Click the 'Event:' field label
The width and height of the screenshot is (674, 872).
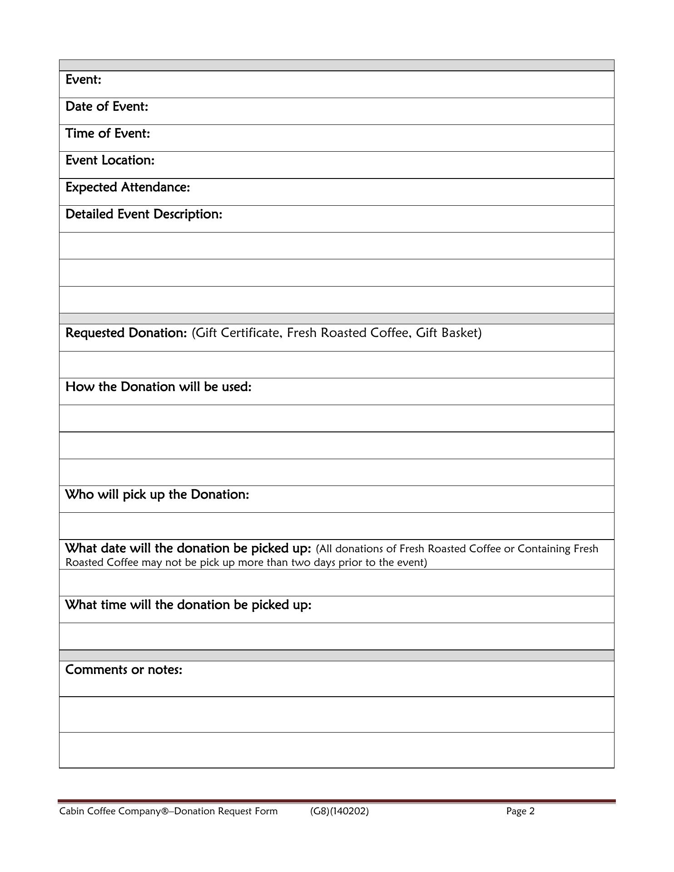click(x=83, y=80)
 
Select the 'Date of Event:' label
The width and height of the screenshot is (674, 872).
click(x=107, y=107)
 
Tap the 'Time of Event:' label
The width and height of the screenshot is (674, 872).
click(x=108, y=134)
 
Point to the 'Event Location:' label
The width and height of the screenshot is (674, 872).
click(x=110, y=160)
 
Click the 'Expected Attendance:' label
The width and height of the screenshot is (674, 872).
click(x=128, y=187)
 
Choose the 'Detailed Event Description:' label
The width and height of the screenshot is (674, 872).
click(x=144, y=214)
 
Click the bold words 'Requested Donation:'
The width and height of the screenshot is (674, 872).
click(x=126, y=333)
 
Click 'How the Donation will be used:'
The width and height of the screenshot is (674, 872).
click(x=158, y=387)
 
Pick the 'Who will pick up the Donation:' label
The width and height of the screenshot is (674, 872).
click(x=157, y=495)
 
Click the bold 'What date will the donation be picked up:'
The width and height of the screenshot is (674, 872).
click(x=188, y=549)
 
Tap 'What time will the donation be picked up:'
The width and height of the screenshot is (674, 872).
click(x=188, y=605)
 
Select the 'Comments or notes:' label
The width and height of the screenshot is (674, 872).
click(x=124, y=670)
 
